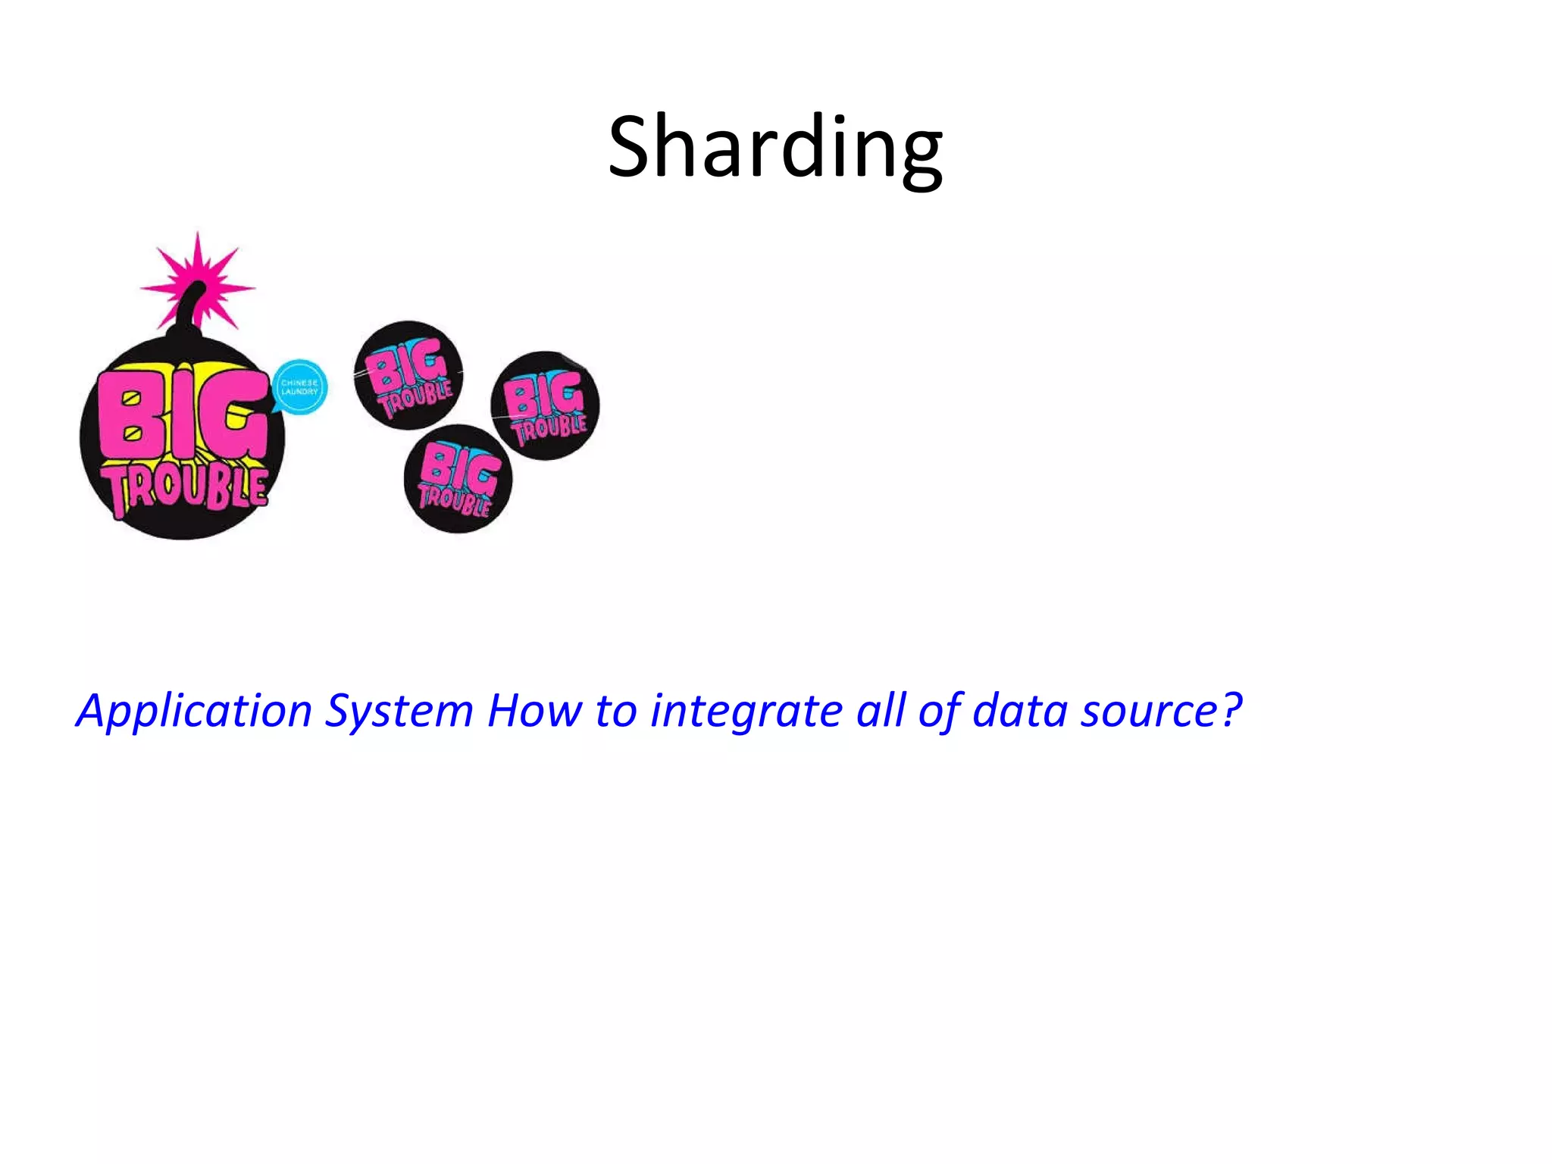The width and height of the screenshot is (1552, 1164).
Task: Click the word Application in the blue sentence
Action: [x=194, y=711]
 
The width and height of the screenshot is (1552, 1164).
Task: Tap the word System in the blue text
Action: [x=399, y=711]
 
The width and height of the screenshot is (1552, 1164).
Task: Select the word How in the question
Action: [x=534, y=711]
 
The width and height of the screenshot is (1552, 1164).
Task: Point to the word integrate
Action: [x=746, y=711]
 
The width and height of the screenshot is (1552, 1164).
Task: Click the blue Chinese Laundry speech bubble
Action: [x=299, y=386]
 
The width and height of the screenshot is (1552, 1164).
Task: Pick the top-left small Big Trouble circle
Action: [x=408, y=375]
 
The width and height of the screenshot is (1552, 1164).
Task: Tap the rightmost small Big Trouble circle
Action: [x=545, y=405]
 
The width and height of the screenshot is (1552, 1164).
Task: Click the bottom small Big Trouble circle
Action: [x=458, y=479]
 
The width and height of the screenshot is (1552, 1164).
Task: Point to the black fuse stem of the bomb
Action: [x=186, y=311]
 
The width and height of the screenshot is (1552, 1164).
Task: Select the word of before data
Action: [x=939, y=711]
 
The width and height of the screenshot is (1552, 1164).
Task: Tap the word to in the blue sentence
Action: [x=615, y=711]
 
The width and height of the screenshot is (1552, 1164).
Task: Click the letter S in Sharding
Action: [x=634, y=148]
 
